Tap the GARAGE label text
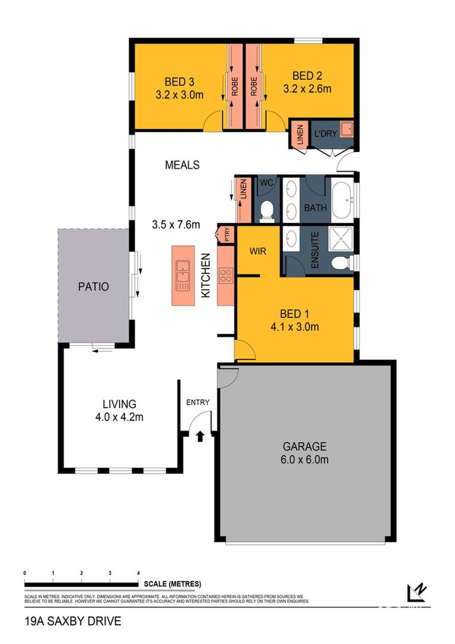[304, 445]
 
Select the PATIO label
[94, 286]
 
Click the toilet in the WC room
[267, 208]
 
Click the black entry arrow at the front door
[200, 436]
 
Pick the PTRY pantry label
[226, 234]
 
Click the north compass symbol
[416, 592]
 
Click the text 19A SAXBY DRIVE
[73, 621]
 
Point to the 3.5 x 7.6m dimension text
[176, 225]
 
